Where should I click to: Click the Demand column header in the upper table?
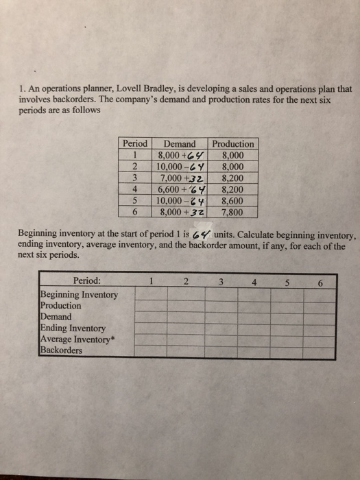click(x=180, y=144)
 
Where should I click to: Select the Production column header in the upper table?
click(x=233, y=144)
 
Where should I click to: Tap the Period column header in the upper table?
click(x=134, y=144)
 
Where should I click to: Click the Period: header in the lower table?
click(x=86, y=280)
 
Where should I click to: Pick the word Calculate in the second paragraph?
click(x=259, y=233)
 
